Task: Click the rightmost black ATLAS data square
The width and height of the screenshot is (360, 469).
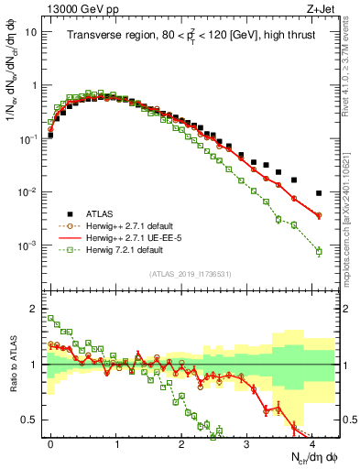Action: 318,193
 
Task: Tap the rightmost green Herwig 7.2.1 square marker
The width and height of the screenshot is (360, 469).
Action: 318,251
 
